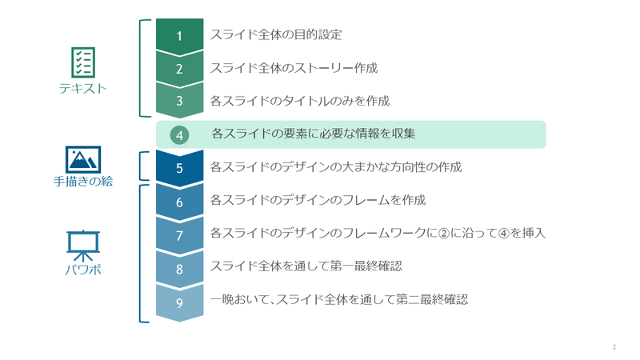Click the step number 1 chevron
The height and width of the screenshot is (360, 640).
point(179,36)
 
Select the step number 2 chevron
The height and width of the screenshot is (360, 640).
point(179,69)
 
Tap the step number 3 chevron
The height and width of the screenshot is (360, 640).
point(179,101)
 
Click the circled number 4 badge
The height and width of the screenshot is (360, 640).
point(179,135)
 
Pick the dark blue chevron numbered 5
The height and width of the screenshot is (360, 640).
point(179,168)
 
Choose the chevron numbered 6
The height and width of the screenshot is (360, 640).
point(179,202)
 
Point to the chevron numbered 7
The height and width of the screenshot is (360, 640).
point(179,235)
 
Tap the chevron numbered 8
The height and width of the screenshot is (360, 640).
point(179,269)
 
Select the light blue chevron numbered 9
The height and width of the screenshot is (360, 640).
point(179,302)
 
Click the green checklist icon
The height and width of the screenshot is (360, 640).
point(83,62)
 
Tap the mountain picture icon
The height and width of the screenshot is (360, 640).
point(83,159)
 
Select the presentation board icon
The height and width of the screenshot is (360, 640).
point(83,246)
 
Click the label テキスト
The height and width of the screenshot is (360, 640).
point(83,89)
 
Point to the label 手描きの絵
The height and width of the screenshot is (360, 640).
point(83,182)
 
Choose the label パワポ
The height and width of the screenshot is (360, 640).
point(83,270)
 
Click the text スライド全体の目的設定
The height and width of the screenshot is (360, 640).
point(276,34)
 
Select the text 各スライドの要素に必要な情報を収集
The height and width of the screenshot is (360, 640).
point(314,134)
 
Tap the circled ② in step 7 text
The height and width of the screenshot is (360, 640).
point(444,234)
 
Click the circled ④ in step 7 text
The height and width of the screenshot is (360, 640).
point(505,234)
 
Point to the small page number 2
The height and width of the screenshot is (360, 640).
point(614,347)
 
